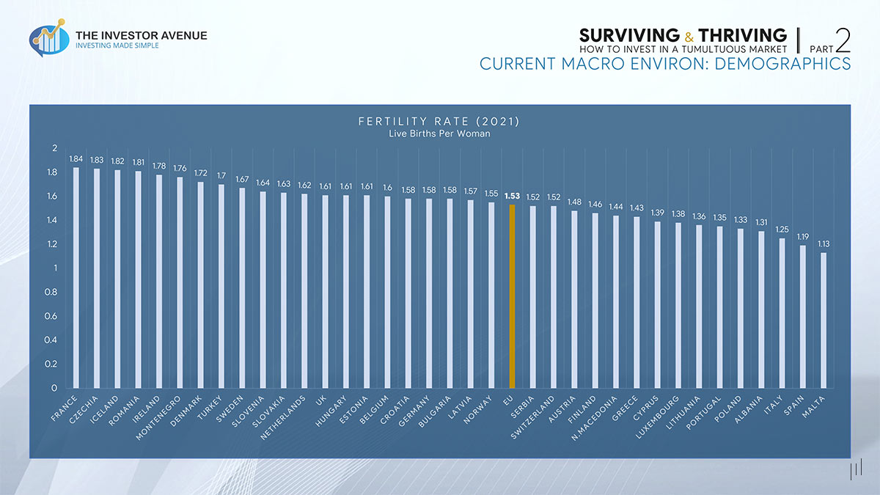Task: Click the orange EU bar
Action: point(513,296)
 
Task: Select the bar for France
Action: point(76,277)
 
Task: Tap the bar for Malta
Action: point(824,320)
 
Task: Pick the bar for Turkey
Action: point(221,286)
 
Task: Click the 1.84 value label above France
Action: point(76,158)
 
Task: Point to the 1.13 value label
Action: point(824,243)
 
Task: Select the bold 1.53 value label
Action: point(513,196)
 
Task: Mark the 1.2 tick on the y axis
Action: point(52,244)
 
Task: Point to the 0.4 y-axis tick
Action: point(52,340)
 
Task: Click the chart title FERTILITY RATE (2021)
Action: point(439,122)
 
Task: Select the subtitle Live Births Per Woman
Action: point(439,134)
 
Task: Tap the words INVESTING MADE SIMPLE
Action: point(117,45)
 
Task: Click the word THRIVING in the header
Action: point(742,35)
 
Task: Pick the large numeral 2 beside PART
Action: point(843,40)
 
